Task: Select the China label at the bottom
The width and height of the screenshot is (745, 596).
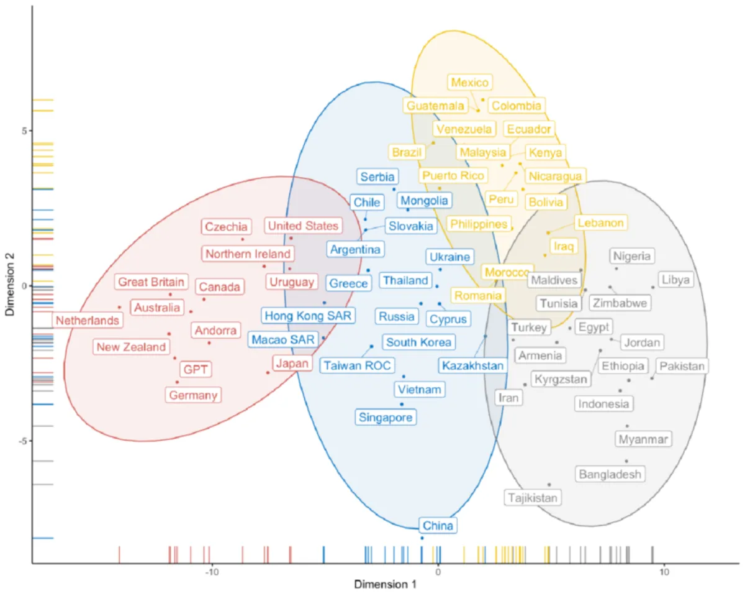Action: coord(438,526)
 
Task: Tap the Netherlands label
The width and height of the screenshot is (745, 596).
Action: coord(88,321)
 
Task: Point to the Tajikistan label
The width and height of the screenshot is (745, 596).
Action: coord(533,498)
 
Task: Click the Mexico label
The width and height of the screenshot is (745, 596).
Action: coord(470,82)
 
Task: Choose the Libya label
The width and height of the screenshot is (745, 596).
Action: coord(675,280)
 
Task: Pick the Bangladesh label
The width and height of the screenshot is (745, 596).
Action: coord(609,475)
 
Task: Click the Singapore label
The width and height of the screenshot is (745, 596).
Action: coord(386,418)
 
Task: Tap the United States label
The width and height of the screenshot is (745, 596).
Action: coord(303,226)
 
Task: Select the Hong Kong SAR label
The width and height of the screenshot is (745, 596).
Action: coord(308,316)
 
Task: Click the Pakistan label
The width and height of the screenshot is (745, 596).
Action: coord(682,366)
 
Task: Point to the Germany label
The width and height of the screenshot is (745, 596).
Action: coord(193,395)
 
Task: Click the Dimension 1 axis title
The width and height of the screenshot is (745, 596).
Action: coord(381,585)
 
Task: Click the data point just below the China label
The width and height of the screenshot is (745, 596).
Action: coord(422,538)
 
